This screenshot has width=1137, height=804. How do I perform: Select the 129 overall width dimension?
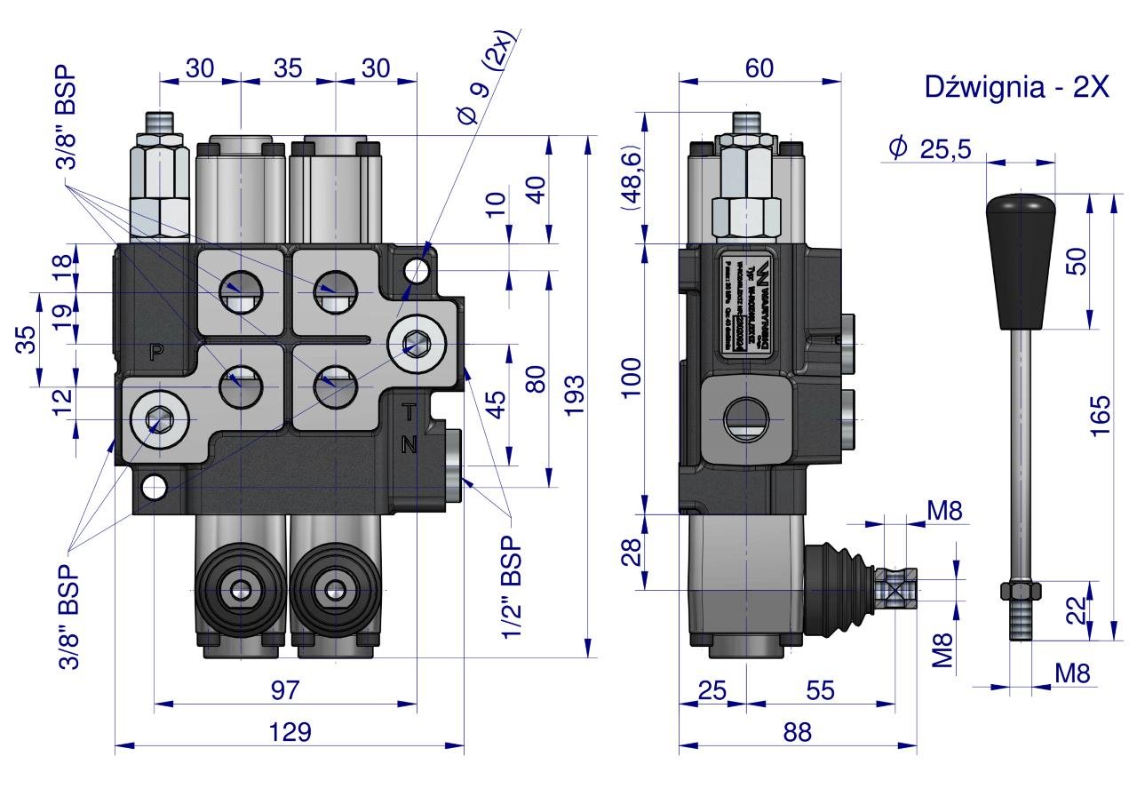290,732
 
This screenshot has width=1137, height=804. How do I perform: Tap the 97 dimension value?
285,690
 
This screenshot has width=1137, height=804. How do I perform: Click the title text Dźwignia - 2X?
1016,87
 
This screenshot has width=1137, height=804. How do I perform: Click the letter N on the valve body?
409,445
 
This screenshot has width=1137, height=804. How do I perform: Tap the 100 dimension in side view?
631,378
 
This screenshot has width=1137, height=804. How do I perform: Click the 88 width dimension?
798,732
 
